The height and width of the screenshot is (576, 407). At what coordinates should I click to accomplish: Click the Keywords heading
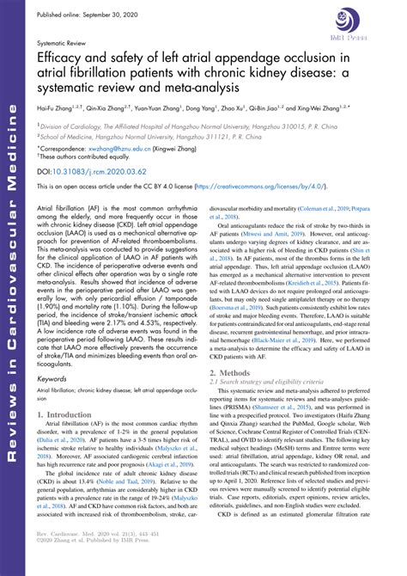tap(54, 401)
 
